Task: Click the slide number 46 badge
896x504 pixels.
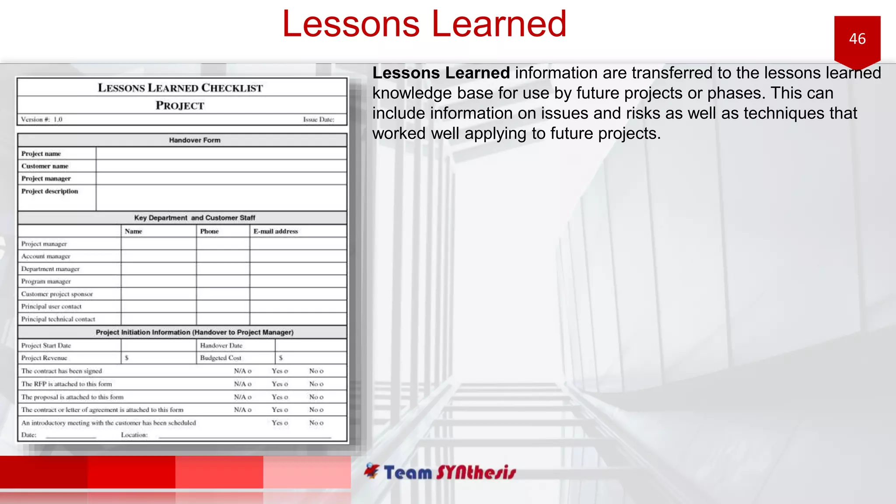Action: tap(857, 39)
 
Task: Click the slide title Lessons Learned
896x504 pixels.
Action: tap(424, 24)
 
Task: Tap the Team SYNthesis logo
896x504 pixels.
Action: tap(440, 472)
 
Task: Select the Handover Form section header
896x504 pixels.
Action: tap(195, 140)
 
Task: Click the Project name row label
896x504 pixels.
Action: tap(41, 154)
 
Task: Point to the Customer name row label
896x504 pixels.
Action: tap(45, 166)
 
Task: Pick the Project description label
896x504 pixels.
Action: tap(49, 191)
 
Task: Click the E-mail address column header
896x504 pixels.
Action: tap(276, 231)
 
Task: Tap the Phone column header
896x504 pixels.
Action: tap(209, 231)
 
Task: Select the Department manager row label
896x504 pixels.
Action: tap(50, 269)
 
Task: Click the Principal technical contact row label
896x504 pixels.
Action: tap(58, 319)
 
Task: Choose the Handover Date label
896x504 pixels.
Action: tap(221, 346)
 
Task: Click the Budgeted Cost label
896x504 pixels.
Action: tap(220, 358)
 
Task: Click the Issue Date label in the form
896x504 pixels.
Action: tap(318, 119)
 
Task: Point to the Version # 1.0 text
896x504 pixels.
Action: tap(42, 119)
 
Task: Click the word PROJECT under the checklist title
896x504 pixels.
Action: tap(180, 105)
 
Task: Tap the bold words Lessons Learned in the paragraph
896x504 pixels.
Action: tap(441, 73)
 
